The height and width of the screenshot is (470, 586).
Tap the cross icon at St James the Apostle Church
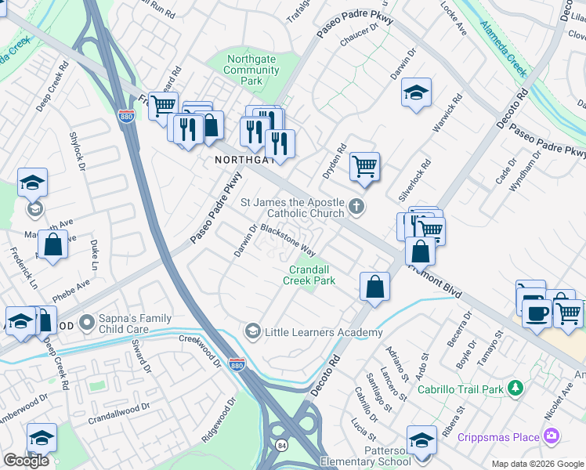point(356,208)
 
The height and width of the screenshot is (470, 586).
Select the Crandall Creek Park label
point(309,275)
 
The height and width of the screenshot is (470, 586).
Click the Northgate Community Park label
point(251,70)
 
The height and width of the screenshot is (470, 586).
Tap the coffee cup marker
point(537,313)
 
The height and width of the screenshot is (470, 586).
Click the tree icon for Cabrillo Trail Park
point(515,388)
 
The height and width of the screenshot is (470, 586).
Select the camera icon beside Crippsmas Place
point(552,436)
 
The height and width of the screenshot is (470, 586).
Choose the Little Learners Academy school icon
point(252,332)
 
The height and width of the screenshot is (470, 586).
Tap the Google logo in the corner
point(26,461)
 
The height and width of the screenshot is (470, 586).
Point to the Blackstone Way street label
point(288,241)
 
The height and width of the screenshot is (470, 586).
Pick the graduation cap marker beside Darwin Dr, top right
point(416,92)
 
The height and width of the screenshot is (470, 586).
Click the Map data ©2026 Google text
point(537,464)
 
